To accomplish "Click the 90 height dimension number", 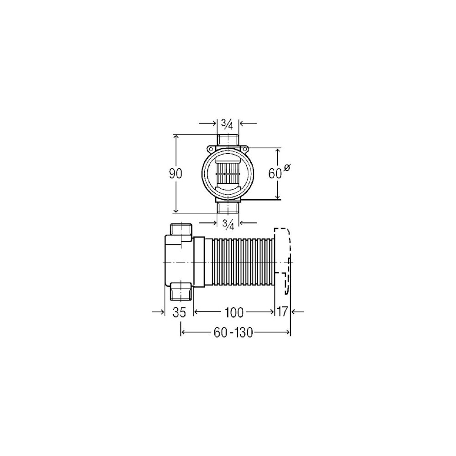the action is [176, 174].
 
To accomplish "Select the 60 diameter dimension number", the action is [275, 174].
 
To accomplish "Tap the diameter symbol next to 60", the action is [286, 168].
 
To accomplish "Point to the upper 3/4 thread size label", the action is [228, 124].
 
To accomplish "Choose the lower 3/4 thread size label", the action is [228, 224].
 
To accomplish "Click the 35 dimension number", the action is [179, 312].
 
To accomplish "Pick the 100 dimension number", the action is [234, 312].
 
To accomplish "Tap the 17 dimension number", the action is [282, 312].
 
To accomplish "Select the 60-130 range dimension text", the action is [233, 332].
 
